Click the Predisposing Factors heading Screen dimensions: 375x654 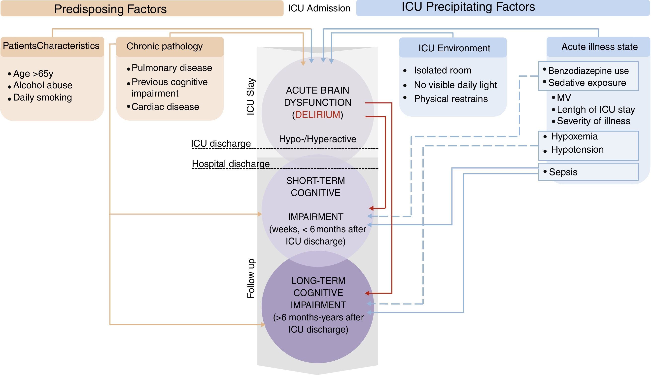(110, 9)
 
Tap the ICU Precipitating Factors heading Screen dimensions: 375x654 (468, 7)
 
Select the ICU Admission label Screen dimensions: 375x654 (319, 8)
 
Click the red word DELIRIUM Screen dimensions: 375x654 (318, 115)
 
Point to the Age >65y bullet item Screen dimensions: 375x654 (33, 74)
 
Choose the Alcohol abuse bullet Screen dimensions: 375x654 (42, 85)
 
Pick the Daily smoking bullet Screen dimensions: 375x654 (42, 97)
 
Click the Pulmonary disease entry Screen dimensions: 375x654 (172, 68)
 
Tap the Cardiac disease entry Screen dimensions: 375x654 (165, 107)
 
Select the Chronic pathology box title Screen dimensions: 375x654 (164, 46)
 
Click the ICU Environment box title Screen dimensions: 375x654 (454, 48)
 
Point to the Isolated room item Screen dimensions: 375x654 (442, 70)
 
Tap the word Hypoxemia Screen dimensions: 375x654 (574, 136)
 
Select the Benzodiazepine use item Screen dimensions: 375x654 (588, 71)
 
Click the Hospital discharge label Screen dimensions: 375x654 (231, 164)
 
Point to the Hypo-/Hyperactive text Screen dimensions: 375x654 (317, 139)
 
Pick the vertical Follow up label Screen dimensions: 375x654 (251, 278)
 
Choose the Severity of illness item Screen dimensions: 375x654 (593, 121)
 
